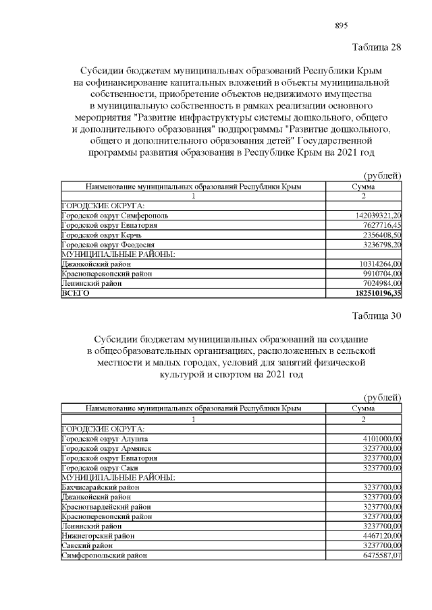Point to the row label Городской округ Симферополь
pos(115,215)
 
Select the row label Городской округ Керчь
pos(100,235)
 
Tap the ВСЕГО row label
pos(75,294)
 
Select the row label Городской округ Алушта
pos(104,439)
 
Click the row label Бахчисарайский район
pos(101,487)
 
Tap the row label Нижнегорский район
pos(98,535)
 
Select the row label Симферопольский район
pos(104,555)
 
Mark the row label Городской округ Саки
pos(99,468)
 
